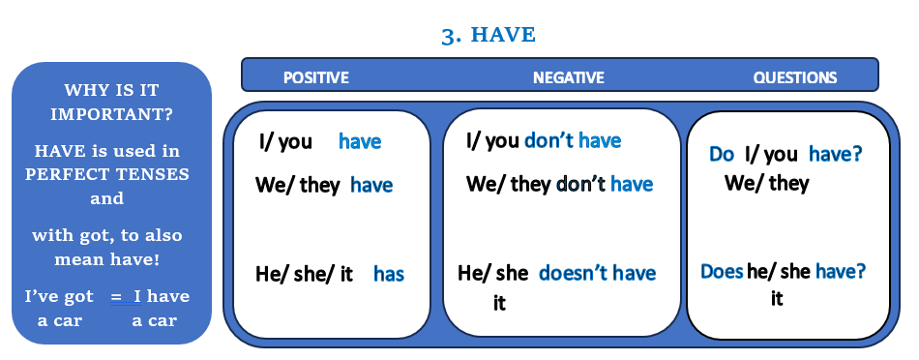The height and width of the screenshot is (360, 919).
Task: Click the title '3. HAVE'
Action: [489, 35]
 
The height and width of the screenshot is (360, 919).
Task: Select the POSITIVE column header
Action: [316, 77]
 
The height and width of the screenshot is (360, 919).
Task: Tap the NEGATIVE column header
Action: [569, 77]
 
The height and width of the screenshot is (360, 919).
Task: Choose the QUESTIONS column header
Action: [795, 77]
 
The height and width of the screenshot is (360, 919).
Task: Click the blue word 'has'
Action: [389, 274]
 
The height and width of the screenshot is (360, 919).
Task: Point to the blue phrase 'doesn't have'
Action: [597, 273]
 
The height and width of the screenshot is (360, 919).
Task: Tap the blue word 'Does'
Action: [722, 272]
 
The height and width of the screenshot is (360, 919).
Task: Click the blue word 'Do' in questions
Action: [722, 154]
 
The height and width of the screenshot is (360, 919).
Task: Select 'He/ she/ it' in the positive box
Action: [304, 275]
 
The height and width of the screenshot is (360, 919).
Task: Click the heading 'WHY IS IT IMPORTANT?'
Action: [111, 102]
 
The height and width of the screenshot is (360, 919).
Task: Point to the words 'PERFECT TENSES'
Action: [107, 175]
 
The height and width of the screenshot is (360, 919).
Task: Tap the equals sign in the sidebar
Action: [117, 297]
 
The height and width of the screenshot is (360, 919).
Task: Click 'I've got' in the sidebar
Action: [59, 297]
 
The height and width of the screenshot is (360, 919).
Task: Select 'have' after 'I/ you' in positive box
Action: [360, 141]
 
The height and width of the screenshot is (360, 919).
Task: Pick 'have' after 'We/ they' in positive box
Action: [371, 185]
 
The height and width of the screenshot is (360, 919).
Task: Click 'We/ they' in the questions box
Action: [766, 184]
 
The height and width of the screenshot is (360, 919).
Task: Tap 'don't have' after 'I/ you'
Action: [573, 140]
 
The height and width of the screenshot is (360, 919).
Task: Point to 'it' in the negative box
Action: [499, 303]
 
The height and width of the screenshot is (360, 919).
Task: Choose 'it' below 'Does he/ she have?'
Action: [777, 299]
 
